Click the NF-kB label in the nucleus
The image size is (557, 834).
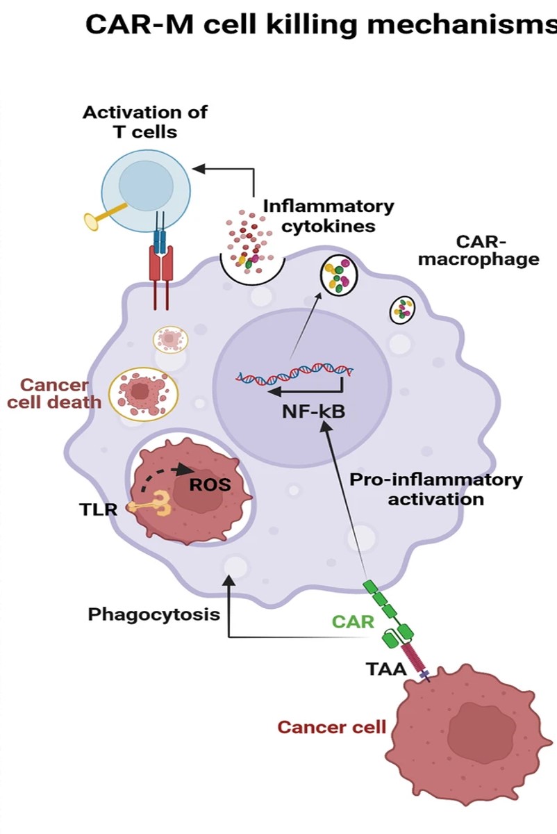(313, 411)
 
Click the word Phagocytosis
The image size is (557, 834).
(154, 614)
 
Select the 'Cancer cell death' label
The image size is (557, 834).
(55, 393)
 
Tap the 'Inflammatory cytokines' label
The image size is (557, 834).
(329, 216)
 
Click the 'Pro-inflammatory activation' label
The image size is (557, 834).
(435, 489)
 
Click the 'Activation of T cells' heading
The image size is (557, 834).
(145, 122)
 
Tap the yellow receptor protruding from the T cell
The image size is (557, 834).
(97, 220)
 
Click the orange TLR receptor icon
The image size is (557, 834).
(156, 505)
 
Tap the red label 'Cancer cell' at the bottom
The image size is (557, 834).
(331, 727)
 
